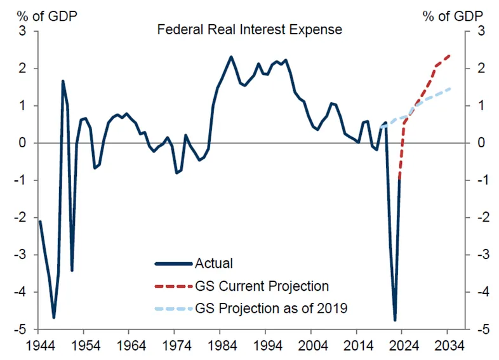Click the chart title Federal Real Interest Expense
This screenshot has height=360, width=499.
pyautogui.click(x=250, y=30)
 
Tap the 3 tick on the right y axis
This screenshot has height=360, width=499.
pyautogui.click(x=481, y=31)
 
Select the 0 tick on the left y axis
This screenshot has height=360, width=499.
pyautogui.click(x=25, y=143)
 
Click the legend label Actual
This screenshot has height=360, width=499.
pyautogui.click(x=215, y=263)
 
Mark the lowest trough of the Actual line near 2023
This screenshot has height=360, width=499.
pyautogui.click(x=395, y=320)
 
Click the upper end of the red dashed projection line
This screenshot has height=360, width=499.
pyautogui.click(x=449, y=55)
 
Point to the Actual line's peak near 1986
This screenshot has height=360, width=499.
pyautogui.click(x=230, y=57)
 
